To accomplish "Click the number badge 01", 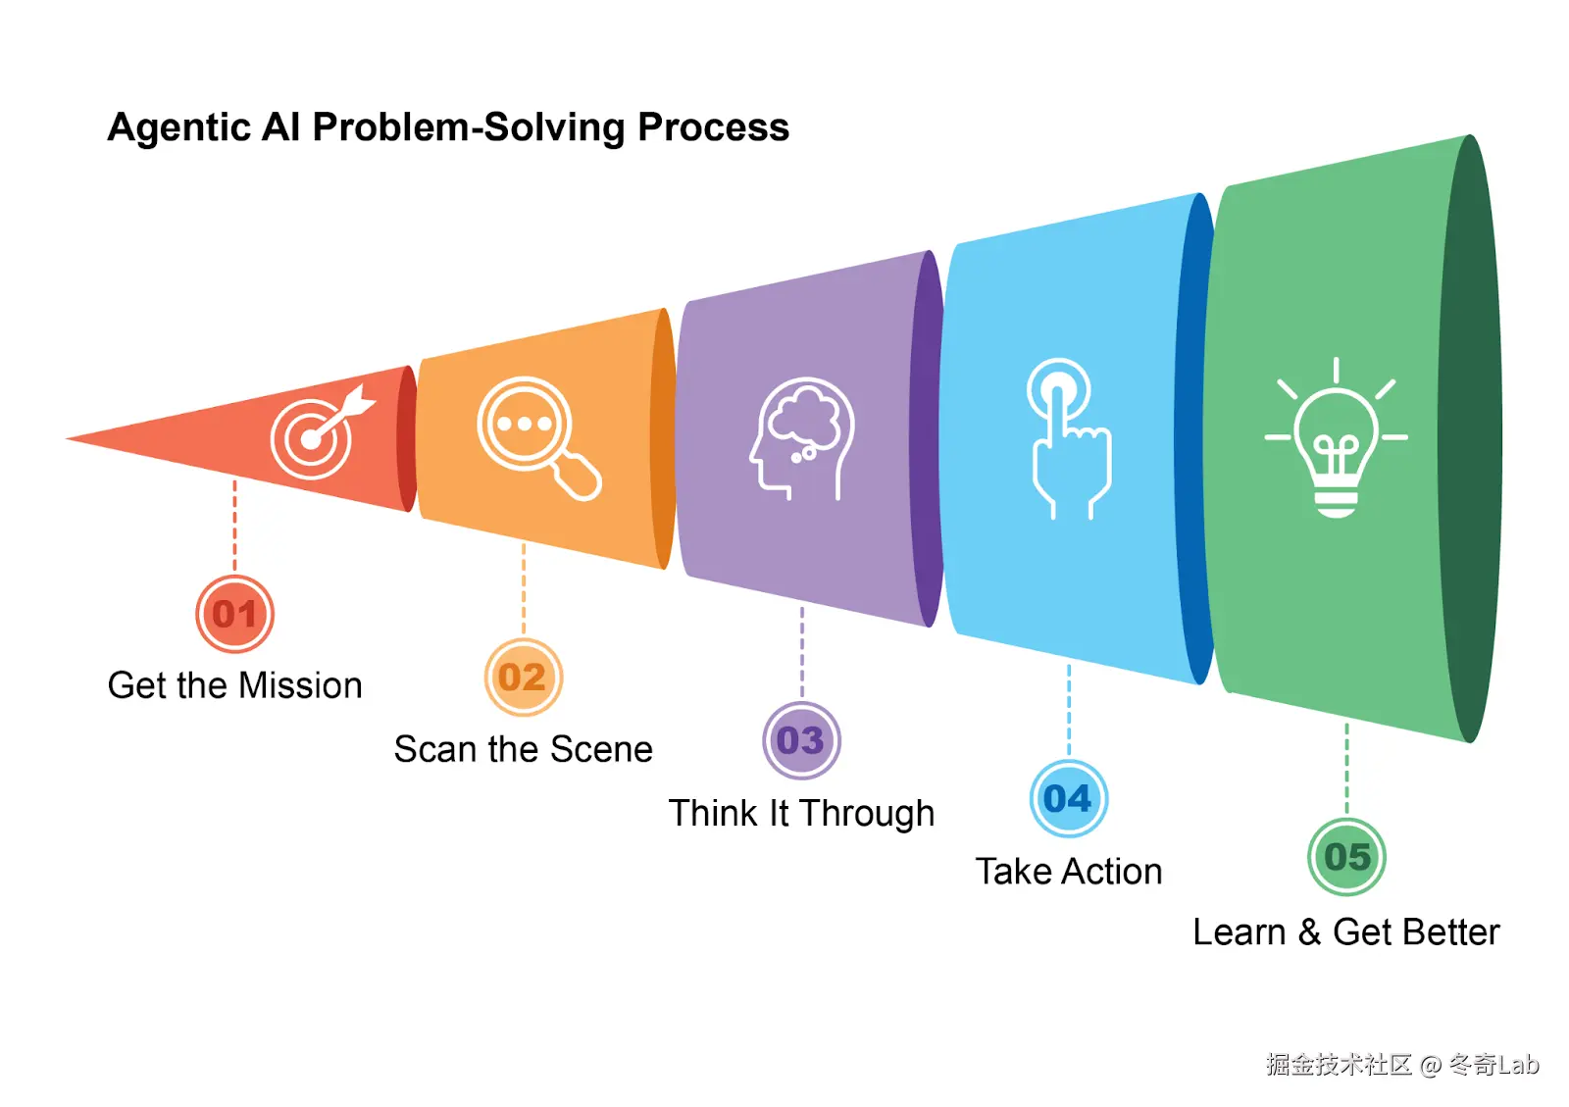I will [x=234, y=614].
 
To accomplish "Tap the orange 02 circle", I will [x=523, y=678].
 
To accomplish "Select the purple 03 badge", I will [x=801, y=740].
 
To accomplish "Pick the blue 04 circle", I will [x=1068, y=798].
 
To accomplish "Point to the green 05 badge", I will [x=1346, y=857].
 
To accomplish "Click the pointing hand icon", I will [x=1068, y=437].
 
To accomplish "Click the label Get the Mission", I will [x=234, y=685].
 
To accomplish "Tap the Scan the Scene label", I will [x=523, y=750].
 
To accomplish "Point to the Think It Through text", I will [x=801, y=813].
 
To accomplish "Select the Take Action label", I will [x=1068, y=872].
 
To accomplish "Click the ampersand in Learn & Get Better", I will [x=1309, y=932].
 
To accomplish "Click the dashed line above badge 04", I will [x=1068, y=711].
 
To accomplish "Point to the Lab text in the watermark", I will [x=1518, y=1065].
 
